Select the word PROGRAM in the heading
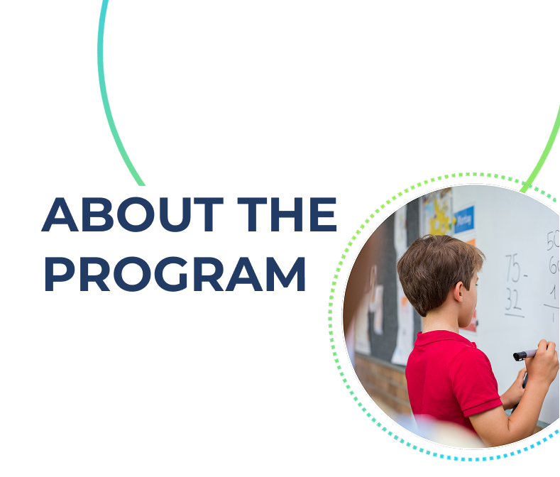click(x=175, y=275)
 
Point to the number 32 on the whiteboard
click(x=514, y=301)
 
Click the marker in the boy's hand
click(x=525, y=354)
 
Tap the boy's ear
click(x=463, y=289)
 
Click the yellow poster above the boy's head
click(x=437, y=210)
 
